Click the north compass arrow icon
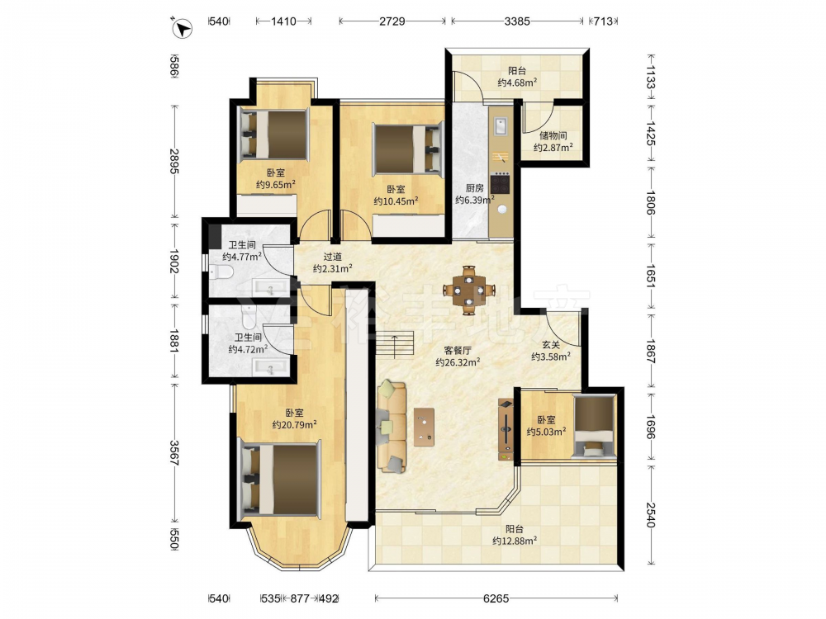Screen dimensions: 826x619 [x=182, y=27]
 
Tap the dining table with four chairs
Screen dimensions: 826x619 [x=469, y=290]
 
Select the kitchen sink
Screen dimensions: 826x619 [x=501, y=125]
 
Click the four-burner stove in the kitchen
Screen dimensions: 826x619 [x=501, y=184]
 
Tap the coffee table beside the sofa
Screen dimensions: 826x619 [x=424, y=427]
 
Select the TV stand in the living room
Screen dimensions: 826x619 [x=506, y=429]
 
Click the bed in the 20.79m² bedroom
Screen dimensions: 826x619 [x=280, y=478]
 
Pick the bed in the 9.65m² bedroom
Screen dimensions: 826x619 [x=273, y=135]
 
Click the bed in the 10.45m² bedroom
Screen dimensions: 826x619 [x=408, y=148]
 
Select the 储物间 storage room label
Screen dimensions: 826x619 [x=553, y=136]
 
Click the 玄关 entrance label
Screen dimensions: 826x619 [x=551, y=345]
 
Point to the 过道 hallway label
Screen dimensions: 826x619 [x=332, y=257]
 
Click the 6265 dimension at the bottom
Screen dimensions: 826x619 [x=496, y=598]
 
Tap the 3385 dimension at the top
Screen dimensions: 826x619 [x=517, y=21]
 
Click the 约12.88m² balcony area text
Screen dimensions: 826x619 [x=515, y=541]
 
